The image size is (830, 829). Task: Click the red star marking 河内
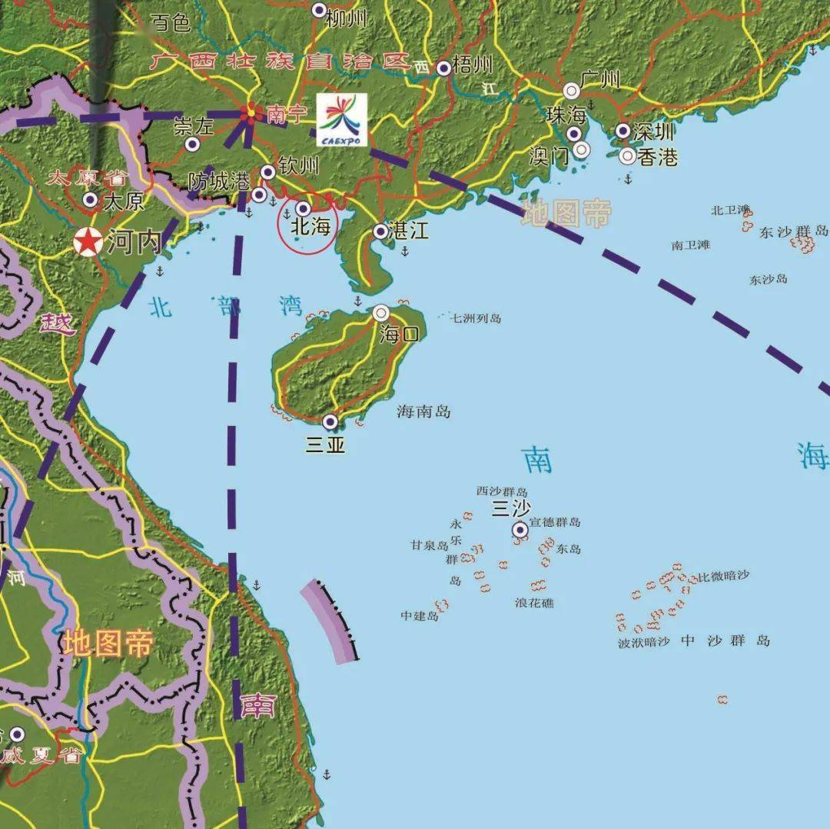click(x=88, y=242)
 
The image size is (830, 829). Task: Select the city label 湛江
click(x=410, y=231)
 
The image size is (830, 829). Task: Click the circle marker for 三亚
click(x=330, y=421)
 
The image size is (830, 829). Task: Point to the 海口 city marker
click(x=381, y=313)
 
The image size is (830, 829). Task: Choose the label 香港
click(x=659, y=157)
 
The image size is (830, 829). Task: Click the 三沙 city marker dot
click(x=520, y=529)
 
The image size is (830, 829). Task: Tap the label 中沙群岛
click(x=725, y=641)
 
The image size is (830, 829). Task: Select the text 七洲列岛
click(x=476, y=318)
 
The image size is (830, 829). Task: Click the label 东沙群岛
click(x=793, y=231)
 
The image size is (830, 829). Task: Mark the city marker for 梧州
click(x=443, y=68)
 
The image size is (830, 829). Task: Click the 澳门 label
click(x=549, y=156)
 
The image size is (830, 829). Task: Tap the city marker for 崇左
click(x=192, y=144)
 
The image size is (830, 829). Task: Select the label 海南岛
click(x=423, y=412)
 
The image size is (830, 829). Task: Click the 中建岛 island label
click(x=419, y=616)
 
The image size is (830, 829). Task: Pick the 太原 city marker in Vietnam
click(x=90, y=200)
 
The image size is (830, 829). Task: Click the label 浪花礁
click(x=534, y=604)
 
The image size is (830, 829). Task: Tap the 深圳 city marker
click(x=622, y=131)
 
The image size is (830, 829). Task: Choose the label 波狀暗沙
click(x=644, y=642)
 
